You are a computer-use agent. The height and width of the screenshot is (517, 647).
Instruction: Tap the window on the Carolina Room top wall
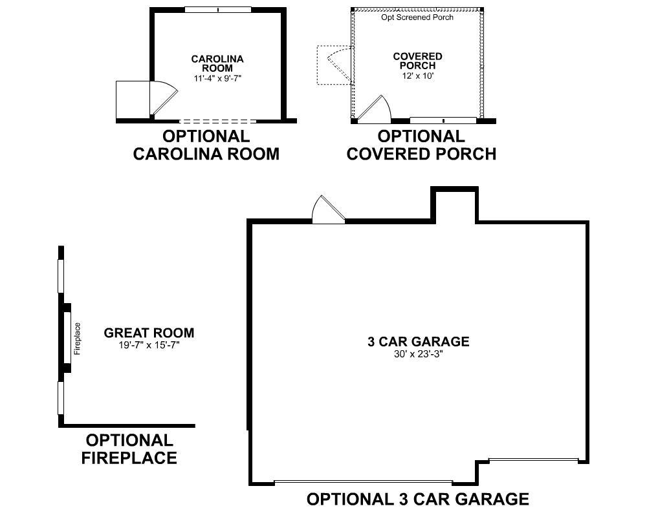click(x=218, y=10)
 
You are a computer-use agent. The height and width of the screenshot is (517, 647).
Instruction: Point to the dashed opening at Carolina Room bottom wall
click(x=217, y=121)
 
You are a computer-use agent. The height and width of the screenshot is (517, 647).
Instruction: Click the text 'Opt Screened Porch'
click(x=417, y=17)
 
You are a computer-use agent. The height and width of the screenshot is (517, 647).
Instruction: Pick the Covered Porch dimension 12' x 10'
click(x=417, y=76)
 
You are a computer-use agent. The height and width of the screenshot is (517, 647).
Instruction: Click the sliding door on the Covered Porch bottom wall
click(x=443, y=120)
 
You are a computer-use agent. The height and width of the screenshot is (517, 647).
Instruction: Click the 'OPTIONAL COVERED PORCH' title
click(x=421, y=145)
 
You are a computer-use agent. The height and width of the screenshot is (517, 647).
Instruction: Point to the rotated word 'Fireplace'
click(x=77, y=339)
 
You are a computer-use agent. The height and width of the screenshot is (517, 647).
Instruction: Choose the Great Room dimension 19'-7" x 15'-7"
click(x=149, y=345)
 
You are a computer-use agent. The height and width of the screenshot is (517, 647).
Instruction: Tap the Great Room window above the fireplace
click(x=61, y=277)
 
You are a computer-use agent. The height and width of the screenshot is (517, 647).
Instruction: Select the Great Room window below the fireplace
click(x=61, y=397)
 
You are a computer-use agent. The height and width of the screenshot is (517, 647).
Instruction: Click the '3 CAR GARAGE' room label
click(x=418, y=342)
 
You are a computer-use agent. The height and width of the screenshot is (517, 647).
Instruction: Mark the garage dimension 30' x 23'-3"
click(x=418, y=354)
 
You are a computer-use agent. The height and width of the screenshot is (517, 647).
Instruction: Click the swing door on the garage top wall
click(x=328, y=211)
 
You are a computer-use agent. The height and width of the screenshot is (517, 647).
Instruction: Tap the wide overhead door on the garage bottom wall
click(x=363, y=482)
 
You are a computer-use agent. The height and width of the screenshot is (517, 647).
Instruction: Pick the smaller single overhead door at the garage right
click(x=533, y=460)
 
